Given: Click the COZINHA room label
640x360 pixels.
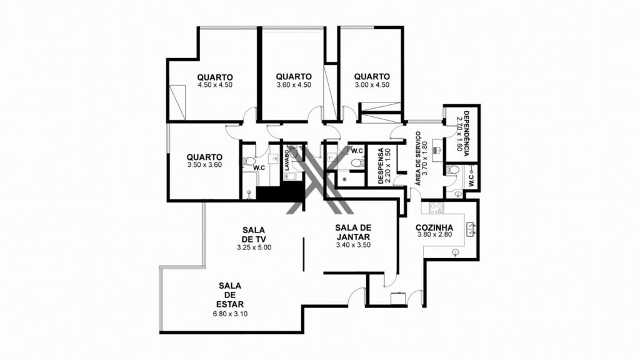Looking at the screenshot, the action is [434, 227].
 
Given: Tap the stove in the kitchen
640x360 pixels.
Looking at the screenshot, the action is [436, 208].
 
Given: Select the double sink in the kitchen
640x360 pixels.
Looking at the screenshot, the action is [471, 229].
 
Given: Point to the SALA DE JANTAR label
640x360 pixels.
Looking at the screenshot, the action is [353, 232].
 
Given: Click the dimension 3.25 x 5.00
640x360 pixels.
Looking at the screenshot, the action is [254, 247].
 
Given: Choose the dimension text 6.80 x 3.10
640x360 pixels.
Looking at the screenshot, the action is [230, 314].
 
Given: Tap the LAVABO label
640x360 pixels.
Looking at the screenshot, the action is [287, 160].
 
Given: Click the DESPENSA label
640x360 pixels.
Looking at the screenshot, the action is [381, 166].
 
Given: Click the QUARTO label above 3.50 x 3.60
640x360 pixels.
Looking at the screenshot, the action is [204, 157].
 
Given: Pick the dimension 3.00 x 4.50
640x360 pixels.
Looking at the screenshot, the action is [372, 85].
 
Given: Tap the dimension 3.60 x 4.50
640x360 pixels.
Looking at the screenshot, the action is [294, 85].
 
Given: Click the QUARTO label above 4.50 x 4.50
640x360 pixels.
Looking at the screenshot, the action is [215, 77].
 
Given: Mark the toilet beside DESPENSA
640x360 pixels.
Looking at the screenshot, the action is [357, 163].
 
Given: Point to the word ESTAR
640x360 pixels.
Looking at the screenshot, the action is [230, 304].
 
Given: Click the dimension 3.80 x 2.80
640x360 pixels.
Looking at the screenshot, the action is [435, 235].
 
